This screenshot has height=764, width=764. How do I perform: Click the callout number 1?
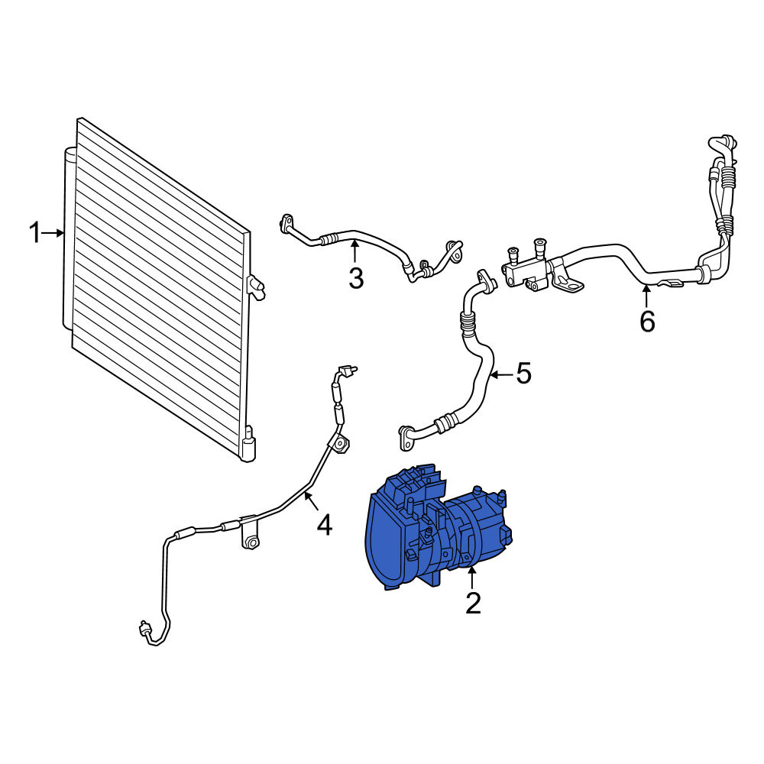coord(35,232)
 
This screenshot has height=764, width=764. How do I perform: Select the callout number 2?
coord(473,604)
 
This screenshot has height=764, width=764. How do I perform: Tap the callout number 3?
coord(356,279)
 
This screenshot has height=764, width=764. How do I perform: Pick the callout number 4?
coord(325,526)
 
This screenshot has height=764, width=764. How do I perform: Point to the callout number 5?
coord(523,374)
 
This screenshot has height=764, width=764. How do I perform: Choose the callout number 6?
coord(647,322)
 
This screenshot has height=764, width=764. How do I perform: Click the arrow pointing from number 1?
coord(53,233)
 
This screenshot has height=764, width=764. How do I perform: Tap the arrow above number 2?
coord(471,578)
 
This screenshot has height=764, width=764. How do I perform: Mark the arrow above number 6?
coord(646,296)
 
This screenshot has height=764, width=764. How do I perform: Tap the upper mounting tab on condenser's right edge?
coord(256,287)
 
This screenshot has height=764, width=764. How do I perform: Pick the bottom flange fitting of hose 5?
coord(406,436)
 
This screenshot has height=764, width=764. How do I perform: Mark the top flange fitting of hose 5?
coord(486,279)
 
